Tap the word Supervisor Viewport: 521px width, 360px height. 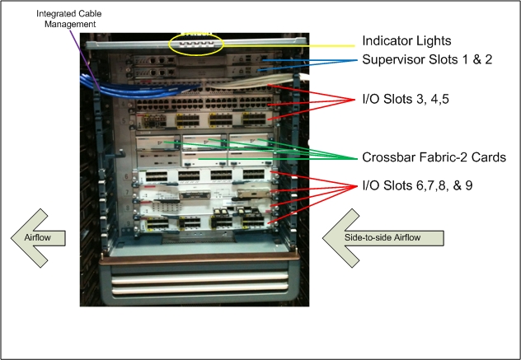[x=394, y=61]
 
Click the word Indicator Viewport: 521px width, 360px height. [x=387, y=40]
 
